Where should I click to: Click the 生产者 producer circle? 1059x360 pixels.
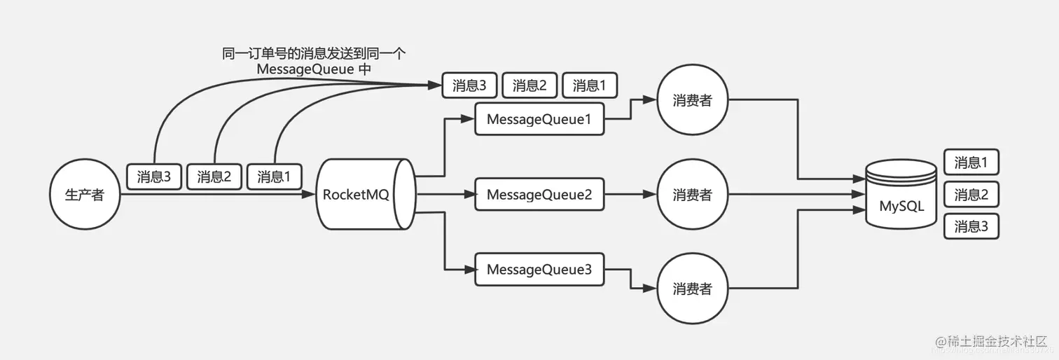(x=84, y=195)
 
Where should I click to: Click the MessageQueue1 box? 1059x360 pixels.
(x=539, y=119)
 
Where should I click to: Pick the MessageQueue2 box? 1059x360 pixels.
(x=539, y=195)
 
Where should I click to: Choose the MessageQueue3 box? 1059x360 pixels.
(x=539, y=270)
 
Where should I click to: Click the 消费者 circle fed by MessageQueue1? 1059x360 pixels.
(x=692, y=101)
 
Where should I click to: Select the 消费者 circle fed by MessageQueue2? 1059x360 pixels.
(x=692, y=195)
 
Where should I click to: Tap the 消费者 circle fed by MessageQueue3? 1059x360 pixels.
(x=692, y=288)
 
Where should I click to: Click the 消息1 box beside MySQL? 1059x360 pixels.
(x=971, y=162)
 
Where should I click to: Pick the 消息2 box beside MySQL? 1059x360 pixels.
(x=971, y=195)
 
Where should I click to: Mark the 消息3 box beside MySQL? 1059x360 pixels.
(x=971, y=227)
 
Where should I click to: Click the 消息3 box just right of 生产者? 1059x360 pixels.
(x=154, y=176)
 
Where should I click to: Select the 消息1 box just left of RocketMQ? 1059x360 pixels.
(x=274, y=176)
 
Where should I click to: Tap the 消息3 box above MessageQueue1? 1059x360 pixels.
(x=469, y=86)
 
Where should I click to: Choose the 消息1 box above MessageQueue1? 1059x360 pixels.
(x=589, y=86)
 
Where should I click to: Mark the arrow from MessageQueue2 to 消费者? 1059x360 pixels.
(x=630, y=195)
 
